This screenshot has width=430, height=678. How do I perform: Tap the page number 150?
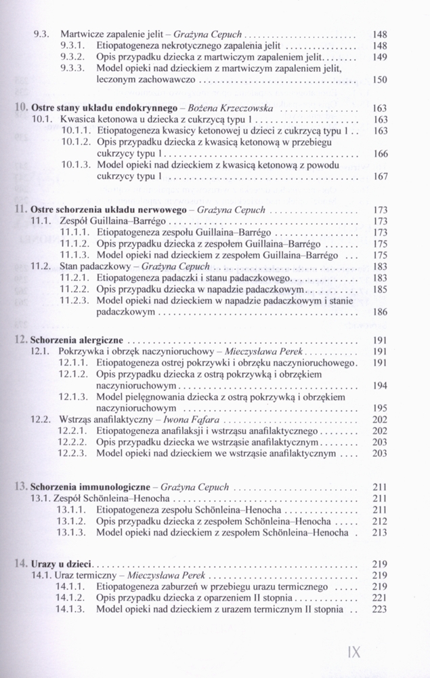(379, 80)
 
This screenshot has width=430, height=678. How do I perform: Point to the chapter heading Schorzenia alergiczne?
(80, 340)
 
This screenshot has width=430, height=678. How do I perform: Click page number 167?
(379, 177)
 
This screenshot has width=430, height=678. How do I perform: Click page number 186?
(379, 313)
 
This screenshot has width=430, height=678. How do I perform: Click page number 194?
(379, 385)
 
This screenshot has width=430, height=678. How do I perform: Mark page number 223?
(379, 610)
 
